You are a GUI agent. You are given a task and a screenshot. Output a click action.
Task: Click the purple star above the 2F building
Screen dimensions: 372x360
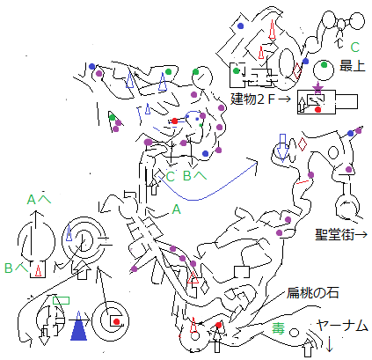point(317,88)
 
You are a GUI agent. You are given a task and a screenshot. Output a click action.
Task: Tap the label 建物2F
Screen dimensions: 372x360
point(252,99)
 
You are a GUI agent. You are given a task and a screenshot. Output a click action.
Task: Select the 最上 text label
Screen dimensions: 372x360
point(353,66)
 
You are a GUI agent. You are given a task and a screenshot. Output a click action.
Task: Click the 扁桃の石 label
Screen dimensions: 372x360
point(312,292)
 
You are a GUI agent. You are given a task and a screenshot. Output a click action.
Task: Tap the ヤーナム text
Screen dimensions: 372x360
point(342,326)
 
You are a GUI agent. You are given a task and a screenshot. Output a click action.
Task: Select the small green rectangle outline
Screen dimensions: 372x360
point(61,300)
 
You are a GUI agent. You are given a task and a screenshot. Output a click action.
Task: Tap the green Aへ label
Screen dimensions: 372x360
point(39,200)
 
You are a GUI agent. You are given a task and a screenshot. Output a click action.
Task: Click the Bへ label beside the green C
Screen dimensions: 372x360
point(194,175)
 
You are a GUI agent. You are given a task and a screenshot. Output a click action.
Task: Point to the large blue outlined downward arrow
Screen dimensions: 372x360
point(282,148)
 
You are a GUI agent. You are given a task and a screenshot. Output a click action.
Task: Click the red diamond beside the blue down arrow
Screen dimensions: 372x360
point(303,144)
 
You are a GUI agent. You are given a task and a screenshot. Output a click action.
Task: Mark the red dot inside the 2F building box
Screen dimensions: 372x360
point(317,110)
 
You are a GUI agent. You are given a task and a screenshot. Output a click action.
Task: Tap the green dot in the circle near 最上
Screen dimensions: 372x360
point(324,64)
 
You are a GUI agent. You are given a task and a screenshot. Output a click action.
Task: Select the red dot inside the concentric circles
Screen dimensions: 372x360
point(117,321)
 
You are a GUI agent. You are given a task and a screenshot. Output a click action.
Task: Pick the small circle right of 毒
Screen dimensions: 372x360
point(294,333)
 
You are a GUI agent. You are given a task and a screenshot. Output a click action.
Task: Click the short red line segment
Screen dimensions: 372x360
point(303,182)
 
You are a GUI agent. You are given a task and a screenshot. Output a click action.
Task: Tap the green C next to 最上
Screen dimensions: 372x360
point(355,47)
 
